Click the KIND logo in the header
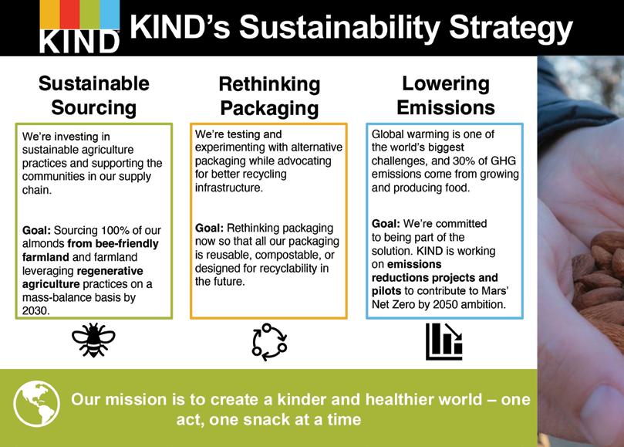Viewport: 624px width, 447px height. pos(79,26)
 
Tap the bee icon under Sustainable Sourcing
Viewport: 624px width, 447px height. pos(93,340)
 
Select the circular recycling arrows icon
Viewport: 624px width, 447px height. pos(269,342)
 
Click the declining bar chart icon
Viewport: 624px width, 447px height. pos(444,341)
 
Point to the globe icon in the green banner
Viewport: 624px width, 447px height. pos(36,404)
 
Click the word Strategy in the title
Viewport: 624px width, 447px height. pos(511,28)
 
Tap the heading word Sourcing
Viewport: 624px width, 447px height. pos(94,107)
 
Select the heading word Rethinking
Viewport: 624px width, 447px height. pos(269,84)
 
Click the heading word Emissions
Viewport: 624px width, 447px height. pos(446,107)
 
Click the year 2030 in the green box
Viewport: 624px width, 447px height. pos(35,311)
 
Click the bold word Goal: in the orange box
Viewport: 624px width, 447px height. pos(209,228)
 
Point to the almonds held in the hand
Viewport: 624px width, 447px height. pos(598,278)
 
